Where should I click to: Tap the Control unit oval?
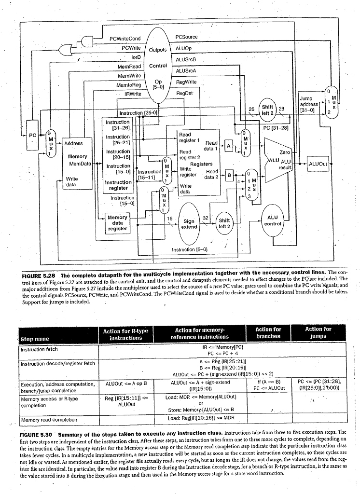point(158,65)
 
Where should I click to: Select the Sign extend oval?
point(189,224)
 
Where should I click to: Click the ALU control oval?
point(273,220)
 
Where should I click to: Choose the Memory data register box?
point(117,223)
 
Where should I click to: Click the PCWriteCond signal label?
point(125,38)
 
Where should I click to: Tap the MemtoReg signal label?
point(128,85)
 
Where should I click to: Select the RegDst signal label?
point(184,93)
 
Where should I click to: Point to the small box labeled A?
point(228,145)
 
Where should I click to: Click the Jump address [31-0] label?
point(309,104)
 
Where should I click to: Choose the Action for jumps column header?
point(318,332)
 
